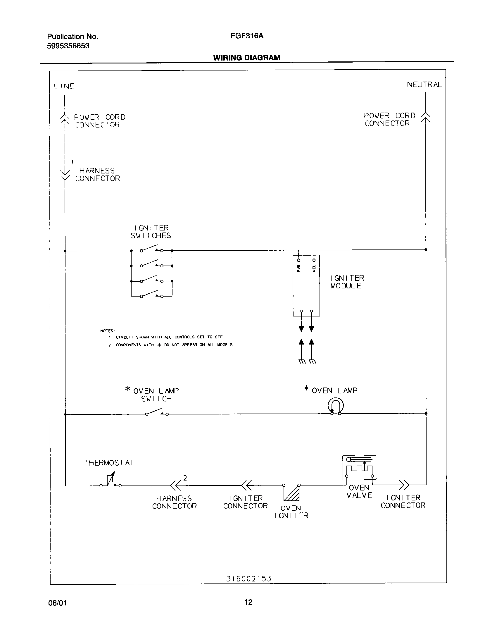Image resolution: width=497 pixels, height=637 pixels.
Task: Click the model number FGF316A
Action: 247,36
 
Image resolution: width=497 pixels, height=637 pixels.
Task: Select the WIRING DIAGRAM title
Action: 246,58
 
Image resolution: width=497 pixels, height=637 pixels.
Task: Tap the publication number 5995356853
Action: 68,46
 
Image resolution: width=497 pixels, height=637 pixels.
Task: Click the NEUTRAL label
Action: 424,85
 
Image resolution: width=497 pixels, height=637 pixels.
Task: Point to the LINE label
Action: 64,86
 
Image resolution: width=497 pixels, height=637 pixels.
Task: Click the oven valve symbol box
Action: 359,468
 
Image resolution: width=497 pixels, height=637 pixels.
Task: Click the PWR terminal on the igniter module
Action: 298,260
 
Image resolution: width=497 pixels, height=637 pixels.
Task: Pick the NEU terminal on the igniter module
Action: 314,260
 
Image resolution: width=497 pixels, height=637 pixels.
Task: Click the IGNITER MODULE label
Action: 347,282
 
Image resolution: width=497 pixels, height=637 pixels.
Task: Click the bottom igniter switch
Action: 151,295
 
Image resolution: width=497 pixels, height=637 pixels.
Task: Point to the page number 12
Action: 248,602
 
